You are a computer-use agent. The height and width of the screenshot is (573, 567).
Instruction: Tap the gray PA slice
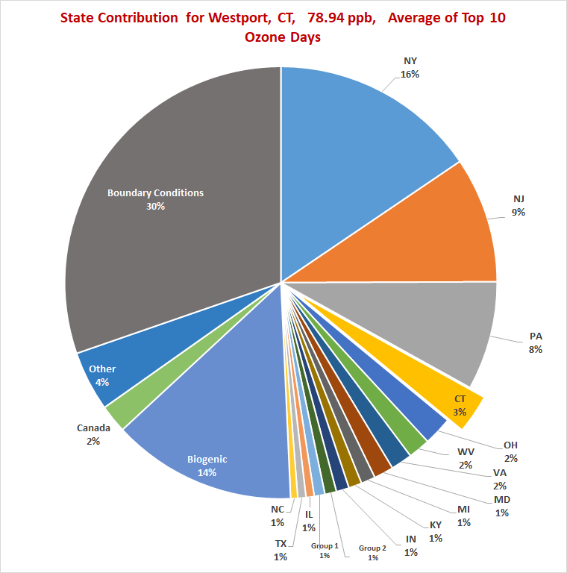point(440,328)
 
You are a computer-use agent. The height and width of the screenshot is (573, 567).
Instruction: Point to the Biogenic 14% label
point(207,466)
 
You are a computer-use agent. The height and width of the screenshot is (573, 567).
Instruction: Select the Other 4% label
point(102,375)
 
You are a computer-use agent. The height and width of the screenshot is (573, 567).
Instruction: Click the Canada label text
point(93,428)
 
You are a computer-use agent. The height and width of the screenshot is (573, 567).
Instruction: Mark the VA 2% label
point(500,480)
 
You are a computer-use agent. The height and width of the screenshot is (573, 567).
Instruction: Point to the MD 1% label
point(501,506)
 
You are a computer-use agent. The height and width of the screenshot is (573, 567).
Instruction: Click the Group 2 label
point(372,548)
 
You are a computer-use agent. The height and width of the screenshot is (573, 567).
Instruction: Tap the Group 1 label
point(325,547)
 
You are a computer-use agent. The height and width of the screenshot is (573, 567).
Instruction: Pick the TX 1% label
point(281,549)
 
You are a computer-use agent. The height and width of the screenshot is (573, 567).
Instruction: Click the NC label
point(278,510)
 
